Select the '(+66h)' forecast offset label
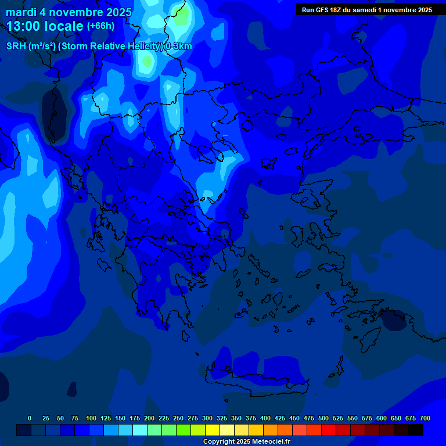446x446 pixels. point(100,26)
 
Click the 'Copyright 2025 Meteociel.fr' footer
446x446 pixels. point(246,441)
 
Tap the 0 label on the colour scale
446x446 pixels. point(30,418)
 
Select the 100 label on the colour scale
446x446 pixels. point(91,418)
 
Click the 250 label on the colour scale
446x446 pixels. point(178,418)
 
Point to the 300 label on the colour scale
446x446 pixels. point(207,418)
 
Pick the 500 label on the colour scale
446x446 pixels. point(323,418)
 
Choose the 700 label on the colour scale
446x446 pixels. point(425,418)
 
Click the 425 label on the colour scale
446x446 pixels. point(280,418)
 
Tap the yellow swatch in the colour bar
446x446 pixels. point(213,430)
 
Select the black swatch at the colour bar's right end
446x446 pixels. point(416,430)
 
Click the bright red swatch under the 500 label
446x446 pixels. point(329,430)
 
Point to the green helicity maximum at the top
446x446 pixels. point(182,16)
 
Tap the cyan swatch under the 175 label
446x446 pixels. point(140,430)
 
